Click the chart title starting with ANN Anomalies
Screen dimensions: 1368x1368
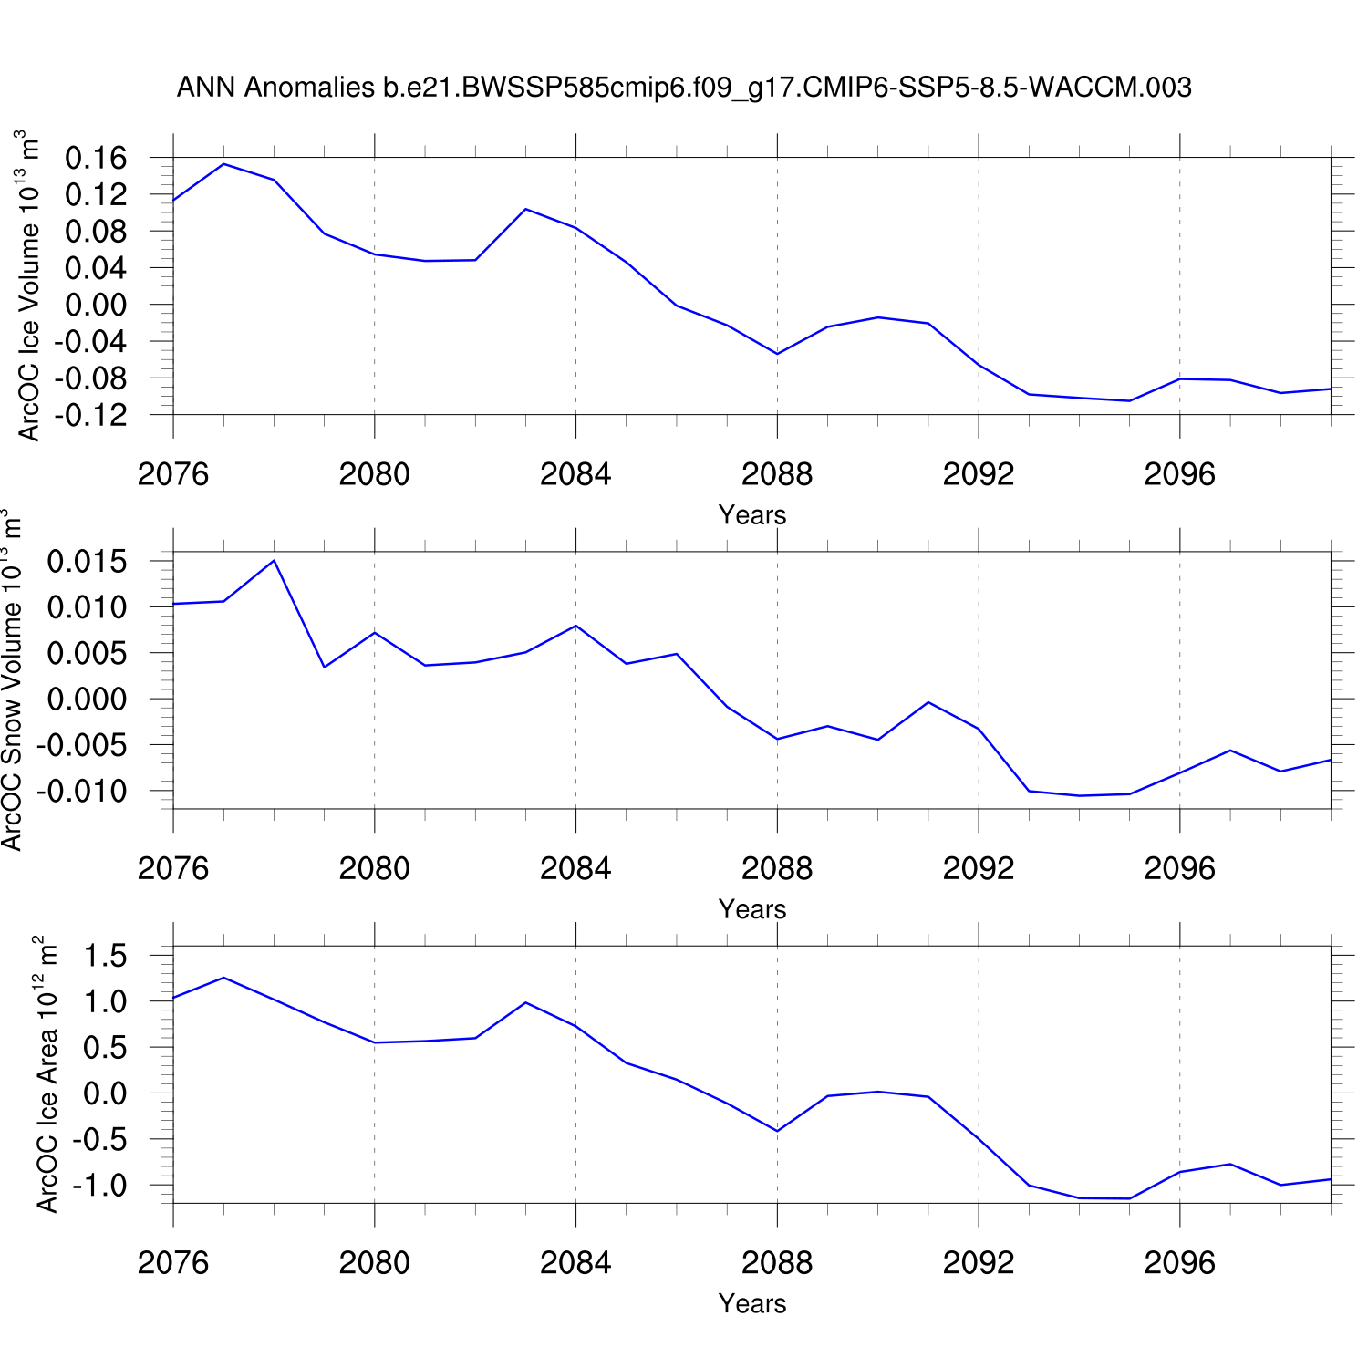[x=683, y=88]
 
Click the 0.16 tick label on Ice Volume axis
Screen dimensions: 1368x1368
[x=96, y=158]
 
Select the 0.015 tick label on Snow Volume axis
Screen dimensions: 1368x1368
[x=88, y=562]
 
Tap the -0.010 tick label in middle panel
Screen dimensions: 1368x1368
[x=83, y=791]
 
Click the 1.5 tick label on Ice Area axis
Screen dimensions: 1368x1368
[x=106, y=956]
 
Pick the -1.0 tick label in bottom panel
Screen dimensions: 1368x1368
[x=101, y=1186]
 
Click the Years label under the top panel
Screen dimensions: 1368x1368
[x=751, y=515]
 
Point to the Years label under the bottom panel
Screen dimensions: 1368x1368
[x=751, y=1304]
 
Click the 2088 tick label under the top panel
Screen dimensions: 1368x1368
[x=777, y=474]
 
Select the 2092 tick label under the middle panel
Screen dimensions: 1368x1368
[x=979, y=869]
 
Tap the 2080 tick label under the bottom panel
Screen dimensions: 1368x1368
[x=374, y=1263]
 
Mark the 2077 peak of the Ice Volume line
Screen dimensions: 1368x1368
[x=223, y=164]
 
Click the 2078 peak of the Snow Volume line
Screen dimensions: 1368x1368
[x=274, y=560]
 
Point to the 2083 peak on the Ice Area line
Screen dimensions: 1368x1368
[x=525, y=1002]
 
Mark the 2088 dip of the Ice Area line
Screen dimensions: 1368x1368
[x=777, y=1131]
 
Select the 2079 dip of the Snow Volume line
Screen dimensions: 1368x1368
[x=324, y=668]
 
